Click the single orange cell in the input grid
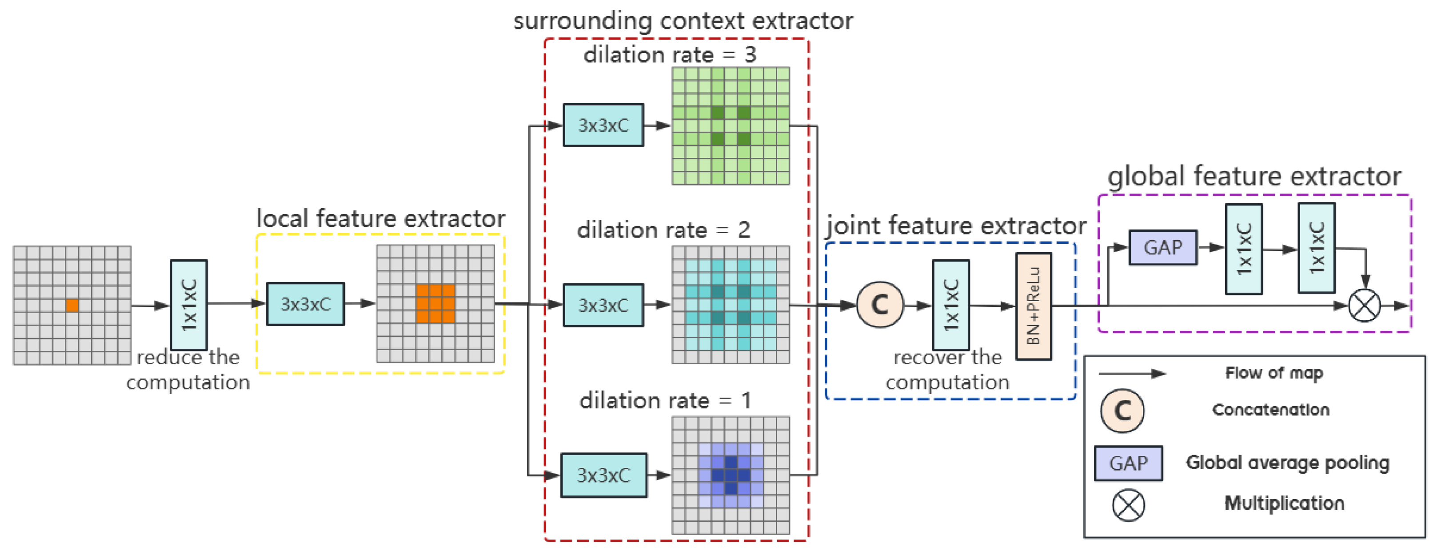click(72, 305)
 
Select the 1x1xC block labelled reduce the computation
click(188, 305)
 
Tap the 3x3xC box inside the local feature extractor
click(305, 304)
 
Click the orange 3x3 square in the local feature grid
click(435, 304)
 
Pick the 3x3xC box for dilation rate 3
click(603, 125)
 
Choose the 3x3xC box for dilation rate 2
click(603, 305)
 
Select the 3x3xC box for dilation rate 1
click(603, 475)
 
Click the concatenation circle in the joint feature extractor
click(880, 305)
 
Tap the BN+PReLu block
click(1034, 306)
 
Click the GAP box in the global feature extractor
click(1163, 247)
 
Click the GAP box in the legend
click(1129, 463)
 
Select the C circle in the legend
click(1122, 411)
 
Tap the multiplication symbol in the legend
click(1129, 505)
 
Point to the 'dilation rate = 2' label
click(663, 230)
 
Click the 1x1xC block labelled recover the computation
click(951, 305)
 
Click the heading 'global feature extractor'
click(1254, 177)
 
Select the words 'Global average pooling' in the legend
click(1288, 463)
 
